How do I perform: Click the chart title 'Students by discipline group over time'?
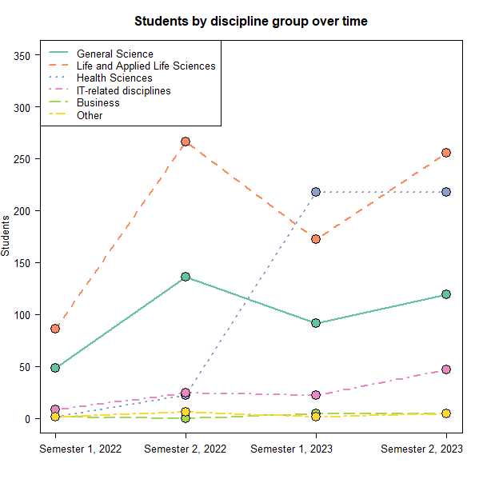pyautogui.click(x=251, y=22)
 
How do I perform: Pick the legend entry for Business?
pyautogui.click(x=98, y=102)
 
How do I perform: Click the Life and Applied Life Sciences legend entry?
pyautogui.click(x=146, y=66)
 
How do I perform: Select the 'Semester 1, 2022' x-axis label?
pyautogui.click(x=81, y=449)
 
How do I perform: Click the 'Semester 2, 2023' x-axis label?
pyautogui.click(x=421, y=449)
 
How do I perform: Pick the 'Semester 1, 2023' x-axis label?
pyautogui.click(x=291, y=449)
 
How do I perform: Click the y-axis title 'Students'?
pyautogui.click(x=6, y=235)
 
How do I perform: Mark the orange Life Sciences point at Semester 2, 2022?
pyautogui.click(x=186, y=142)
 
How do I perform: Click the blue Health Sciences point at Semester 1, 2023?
pyautogui.click(x=316, y=192)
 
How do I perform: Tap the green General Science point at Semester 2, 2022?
pyautogui.click(x=186, y=277)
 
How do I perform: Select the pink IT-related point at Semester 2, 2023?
pyautogui.click(x=446, y=369)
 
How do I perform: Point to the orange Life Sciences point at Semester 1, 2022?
pyautogui.click(x=55, y=329)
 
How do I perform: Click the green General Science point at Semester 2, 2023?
pyautogui.click(x=446, y=294)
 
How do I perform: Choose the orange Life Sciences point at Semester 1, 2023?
pyautogui.click(x=316, y=239)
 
